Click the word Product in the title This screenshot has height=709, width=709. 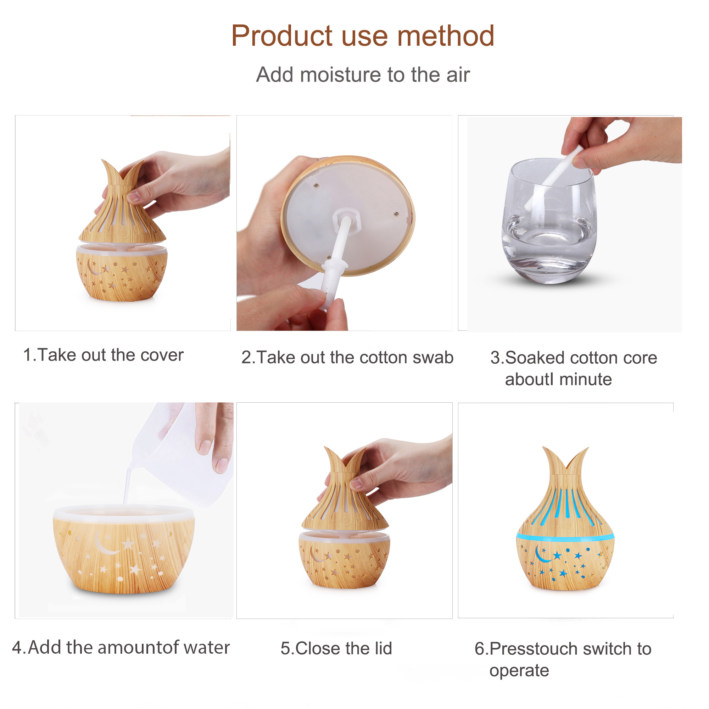point(282,36)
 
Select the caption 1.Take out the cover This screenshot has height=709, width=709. point(103,355)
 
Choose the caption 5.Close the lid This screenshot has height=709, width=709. point(336,648)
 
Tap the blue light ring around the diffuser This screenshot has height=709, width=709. point(565,537)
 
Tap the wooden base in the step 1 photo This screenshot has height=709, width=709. point(122,272)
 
